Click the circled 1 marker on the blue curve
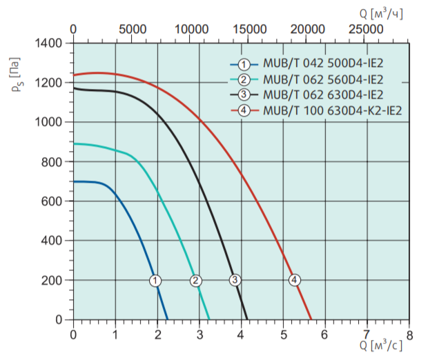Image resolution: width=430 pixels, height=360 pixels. click(x=155, y=280)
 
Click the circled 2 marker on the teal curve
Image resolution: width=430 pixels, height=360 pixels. click(x=196, y=280)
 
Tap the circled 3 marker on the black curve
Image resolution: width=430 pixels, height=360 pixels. click(x=235, y=280)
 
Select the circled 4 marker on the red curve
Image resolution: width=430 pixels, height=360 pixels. click(x=295, y=280)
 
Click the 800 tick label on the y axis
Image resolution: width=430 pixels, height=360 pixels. click(x=52, y=161)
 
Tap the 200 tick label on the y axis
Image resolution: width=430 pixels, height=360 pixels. click(x=52, y=280)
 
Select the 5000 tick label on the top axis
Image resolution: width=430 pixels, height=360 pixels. click(x=132, y=29)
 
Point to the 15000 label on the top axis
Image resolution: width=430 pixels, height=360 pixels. click(x=248, y=29)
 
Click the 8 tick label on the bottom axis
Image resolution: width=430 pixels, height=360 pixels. click(x=409, y=334)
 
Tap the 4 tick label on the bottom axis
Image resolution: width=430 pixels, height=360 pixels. click(x=242, y=334)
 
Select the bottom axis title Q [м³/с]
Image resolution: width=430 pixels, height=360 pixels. click(x=380, y=345)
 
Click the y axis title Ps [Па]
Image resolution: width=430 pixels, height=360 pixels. click(x=15, y=82)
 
